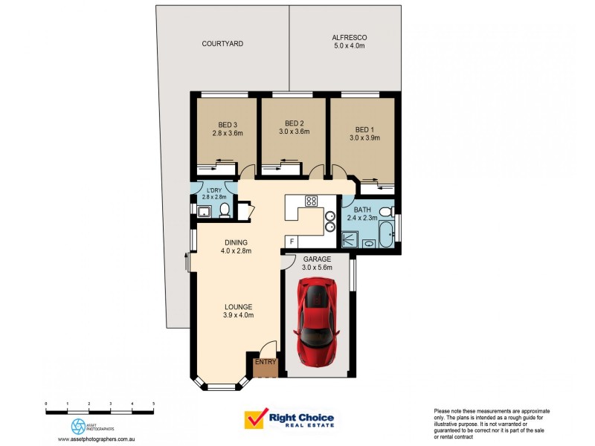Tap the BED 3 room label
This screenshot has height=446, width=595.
[x=228, y=124]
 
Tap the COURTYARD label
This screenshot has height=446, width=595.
[x=222, y=44]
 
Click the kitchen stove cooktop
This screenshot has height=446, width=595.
[x=312, y=200]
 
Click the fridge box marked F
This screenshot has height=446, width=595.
[x=292, y=242]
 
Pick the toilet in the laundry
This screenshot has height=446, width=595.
[x=223, y=212]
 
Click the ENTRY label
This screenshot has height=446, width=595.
[x=266, y=362]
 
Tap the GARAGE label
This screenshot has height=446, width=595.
[x=317, y=259]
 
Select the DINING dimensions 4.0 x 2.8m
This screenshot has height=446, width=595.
[x=236, y=251]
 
